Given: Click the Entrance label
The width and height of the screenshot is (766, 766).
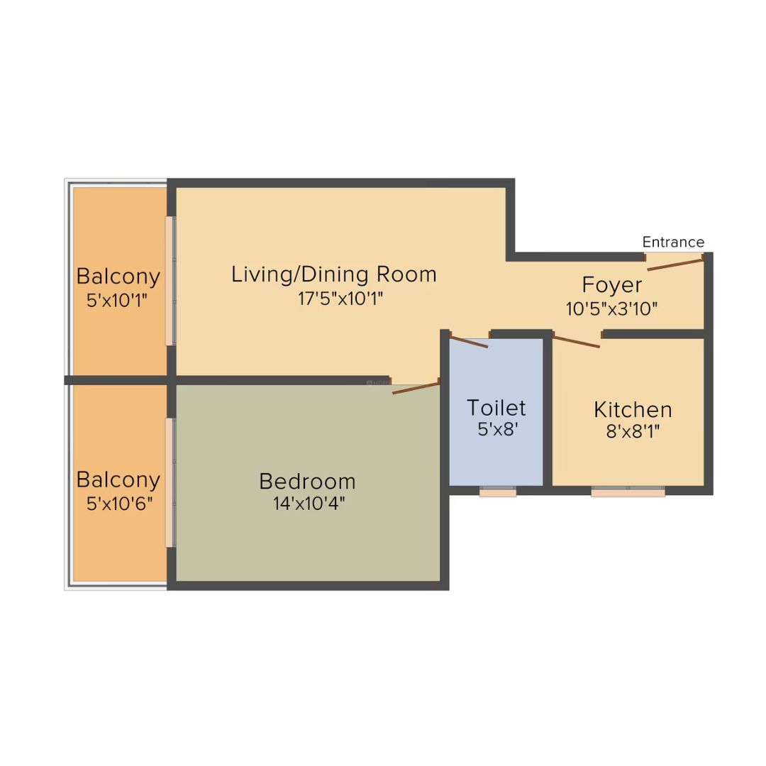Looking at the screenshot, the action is pos(672,242).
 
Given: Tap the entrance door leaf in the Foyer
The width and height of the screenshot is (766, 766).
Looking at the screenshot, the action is pos(675,265).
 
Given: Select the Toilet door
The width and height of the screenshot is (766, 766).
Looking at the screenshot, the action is pos(469,341).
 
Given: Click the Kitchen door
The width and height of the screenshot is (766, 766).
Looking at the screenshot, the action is pos(577,341).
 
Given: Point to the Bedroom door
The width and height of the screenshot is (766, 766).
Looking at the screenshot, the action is pos(416,388).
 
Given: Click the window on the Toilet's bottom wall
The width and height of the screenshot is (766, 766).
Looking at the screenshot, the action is pos(497,492).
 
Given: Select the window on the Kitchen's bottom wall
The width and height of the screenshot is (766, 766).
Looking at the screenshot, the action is pos(628,492).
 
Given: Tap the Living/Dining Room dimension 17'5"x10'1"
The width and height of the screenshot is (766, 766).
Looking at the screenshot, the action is pos(340,299).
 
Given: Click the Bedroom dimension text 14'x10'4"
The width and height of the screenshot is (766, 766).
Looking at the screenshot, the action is pos(309,503).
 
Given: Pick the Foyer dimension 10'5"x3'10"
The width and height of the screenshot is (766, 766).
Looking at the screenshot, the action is pos(611,309).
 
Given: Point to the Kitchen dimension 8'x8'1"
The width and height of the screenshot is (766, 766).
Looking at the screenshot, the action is pos(633,432).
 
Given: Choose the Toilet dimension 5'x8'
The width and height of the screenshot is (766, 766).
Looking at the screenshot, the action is pos(497,429).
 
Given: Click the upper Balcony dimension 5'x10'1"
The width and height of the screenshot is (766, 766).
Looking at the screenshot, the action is pos(117,301).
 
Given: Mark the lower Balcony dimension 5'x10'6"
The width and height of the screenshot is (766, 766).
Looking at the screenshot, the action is pos(119,504).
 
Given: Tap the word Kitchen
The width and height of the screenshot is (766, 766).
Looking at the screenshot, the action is pos(633,410).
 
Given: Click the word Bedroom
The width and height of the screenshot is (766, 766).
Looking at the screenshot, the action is pos(307,482).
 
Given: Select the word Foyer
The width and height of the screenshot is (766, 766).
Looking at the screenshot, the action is pos(611,285).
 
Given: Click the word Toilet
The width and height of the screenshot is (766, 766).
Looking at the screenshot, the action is pos(496,407).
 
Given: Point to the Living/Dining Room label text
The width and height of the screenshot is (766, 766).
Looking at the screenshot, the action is pos(333,274).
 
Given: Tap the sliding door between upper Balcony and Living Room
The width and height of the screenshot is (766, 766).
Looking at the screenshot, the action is pos(170,281).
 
